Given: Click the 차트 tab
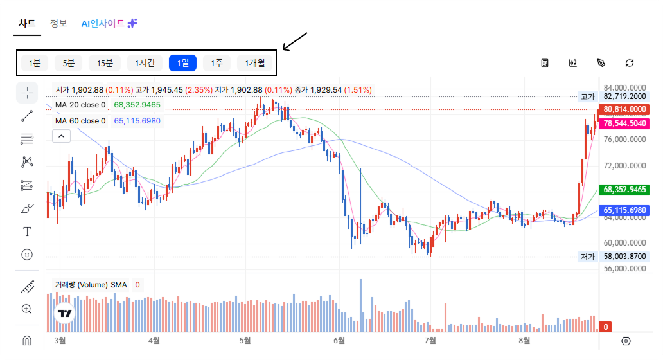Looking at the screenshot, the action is click(27, 23).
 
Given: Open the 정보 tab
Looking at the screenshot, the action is click(58, 23).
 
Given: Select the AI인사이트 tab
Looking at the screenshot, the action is click(109, 23).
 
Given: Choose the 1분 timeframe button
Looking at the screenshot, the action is click(34, 63).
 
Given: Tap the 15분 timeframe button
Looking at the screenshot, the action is click(105, 63).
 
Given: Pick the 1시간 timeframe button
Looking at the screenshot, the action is click(145, 63).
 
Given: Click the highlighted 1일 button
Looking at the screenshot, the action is click(182, 63).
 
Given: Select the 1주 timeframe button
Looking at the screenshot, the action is click(217, 63).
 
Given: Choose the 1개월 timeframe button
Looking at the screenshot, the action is click(254, 63).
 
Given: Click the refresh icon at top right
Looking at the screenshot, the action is click(630, 63).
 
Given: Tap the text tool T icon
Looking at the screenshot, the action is click(27, 231).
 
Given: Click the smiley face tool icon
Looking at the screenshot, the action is click(27, 254).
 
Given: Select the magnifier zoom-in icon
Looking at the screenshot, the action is click(26, 309).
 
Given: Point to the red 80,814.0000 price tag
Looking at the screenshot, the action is click(624, 109).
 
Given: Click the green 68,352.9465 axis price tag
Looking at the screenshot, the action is click(624, 190).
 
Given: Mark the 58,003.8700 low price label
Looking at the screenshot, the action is click(624, 256).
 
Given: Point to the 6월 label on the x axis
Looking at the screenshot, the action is click(339, 341).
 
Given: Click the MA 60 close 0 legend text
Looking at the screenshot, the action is click(80, 121).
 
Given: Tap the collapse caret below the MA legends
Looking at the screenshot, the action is click(61, 136).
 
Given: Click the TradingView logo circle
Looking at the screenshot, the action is click(65, 314).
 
